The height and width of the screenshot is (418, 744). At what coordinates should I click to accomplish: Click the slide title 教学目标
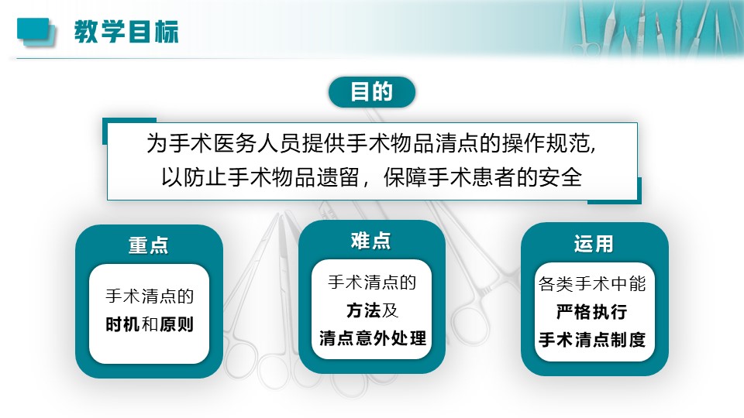pos(126,32)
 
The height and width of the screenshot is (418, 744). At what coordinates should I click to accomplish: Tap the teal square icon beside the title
pos(36,32)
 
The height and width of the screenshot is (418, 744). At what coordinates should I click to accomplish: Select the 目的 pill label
pos(371,91)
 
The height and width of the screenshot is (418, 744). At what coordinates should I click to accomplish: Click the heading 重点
pos(149,245)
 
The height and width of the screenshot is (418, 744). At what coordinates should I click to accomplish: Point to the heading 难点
pos(371,241)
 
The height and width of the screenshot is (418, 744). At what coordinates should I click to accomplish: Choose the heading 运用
pos(594,244)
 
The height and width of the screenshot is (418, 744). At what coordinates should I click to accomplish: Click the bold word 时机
pos(123,324)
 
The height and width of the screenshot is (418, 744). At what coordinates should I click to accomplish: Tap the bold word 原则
pos(176,324)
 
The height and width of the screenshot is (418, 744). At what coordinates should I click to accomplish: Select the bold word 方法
pos(363,310)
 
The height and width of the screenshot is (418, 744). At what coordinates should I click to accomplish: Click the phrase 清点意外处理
pos(373,338)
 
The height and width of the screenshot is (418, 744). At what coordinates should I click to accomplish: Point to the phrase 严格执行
pos(591,312)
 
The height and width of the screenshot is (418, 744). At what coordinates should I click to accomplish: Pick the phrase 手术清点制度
pos(592,340)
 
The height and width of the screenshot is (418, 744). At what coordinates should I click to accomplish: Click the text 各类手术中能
pos(592,284)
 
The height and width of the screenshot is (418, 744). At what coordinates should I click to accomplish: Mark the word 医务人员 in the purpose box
pos(257,143)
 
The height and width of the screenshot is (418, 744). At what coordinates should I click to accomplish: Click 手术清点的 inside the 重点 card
pos(150,296)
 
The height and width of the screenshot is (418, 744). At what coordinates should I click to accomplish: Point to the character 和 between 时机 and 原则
pos(150,324)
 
